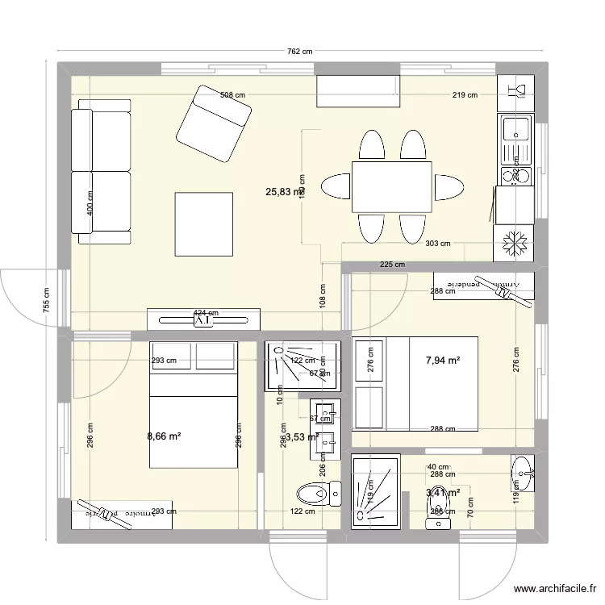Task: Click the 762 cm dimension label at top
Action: coord(300,52)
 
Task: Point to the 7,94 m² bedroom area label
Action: coord(443,360)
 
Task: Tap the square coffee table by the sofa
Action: coord(204,223)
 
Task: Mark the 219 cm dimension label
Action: coord(465,95)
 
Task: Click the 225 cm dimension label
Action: coord(392,265)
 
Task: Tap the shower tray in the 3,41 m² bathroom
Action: coord(375,490)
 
